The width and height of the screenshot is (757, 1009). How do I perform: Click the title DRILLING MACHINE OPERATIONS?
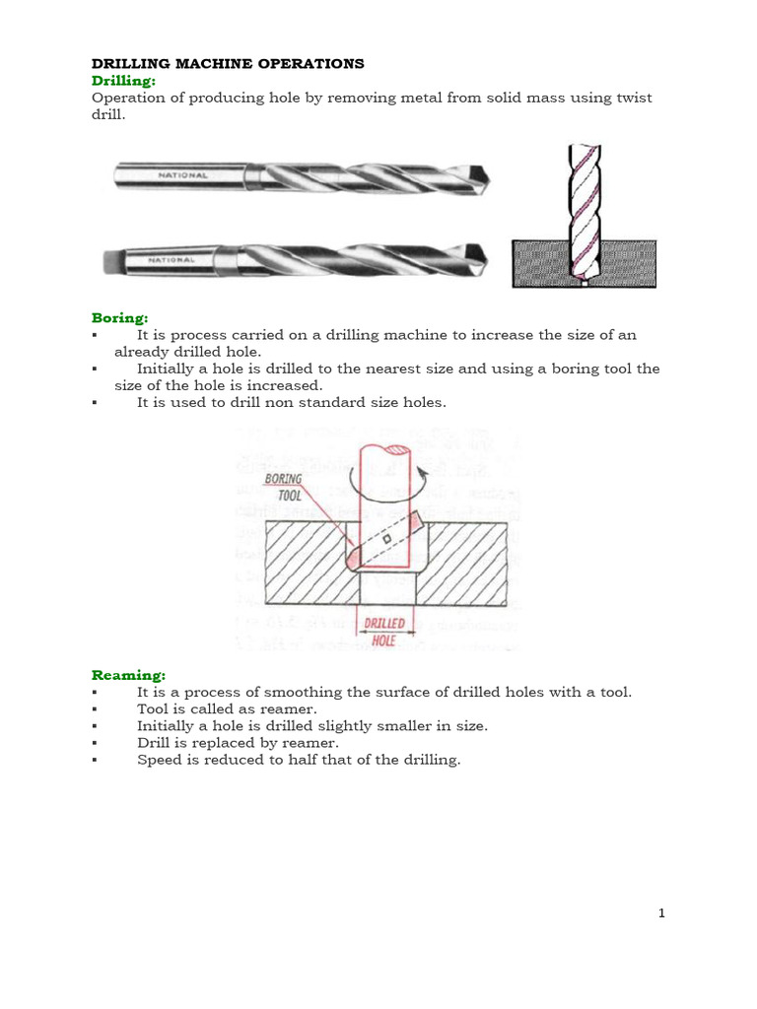coord(228,64)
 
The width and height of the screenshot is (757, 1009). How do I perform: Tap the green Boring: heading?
coord(119,318)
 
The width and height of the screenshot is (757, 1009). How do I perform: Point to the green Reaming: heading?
coord(128,675)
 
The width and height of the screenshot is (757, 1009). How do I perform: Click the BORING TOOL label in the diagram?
coord(284,488)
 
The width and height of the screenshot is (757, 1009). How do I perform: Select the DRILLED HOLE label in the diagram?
coord(385,631)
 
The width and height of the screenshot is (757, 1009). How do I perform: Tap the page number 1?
coord(662,913)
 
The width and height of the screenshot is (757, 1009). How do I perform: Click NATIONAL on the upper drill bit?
coord(183,175)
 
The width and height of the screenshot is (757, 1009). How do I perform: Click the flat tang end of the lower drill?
coord(111,262)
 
